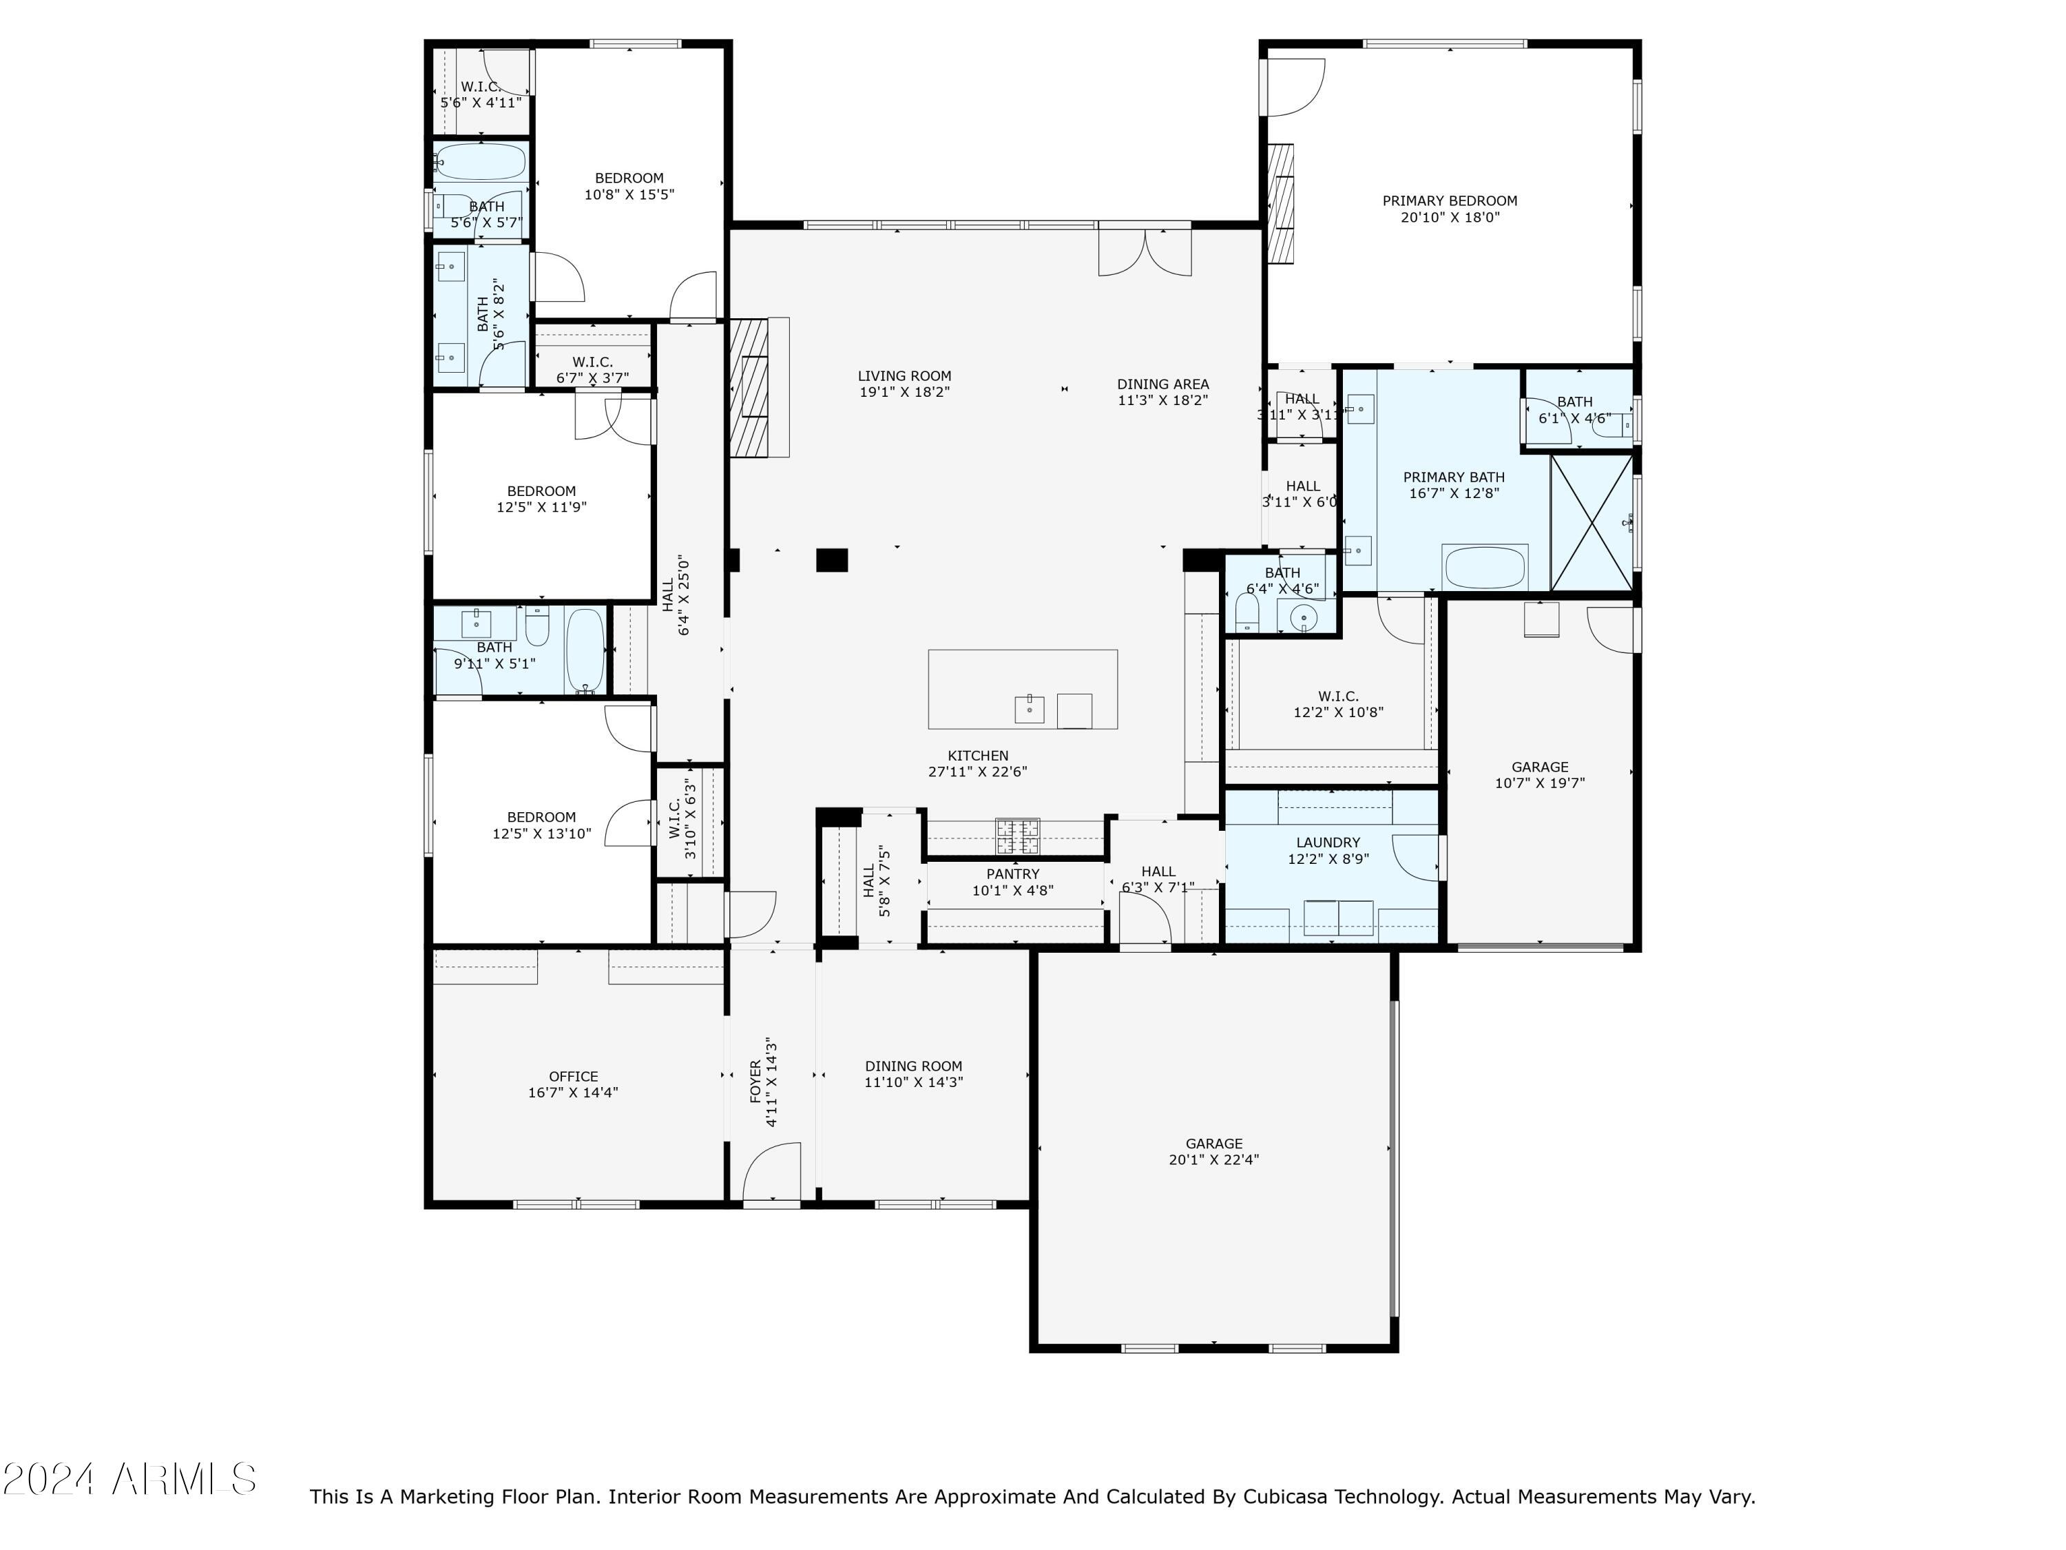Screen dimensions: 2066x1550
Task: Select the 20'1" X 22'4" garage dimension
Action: pos(1213,1159)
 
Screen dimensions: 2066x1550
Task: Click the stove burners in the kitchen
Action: pos(1017,836)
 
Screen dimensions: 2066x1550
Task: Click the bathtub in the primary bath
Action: pos(1485,567)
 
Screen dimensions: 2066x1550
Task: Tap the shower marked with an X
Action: pos(1592,522)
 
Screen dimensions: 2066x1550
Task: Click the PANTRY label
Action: pos(1012,874)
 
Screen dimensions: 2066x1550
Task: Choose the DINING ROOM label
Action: pos(912,1066)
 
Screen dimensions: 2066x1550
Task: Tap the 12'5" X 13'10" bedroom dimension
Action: pos(542,834)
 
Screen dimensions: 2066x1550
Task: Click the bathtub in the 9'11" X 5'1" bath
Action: pos(585,650)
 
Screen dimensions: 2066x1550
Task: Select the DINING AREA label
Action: pos(1163,384)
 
